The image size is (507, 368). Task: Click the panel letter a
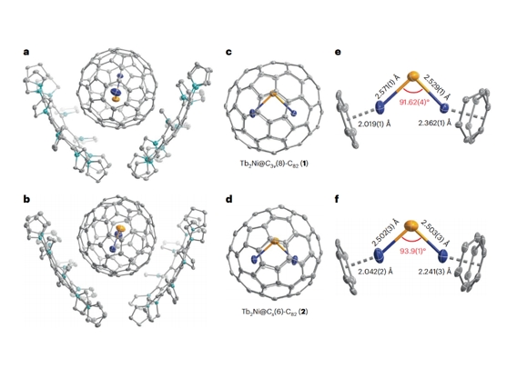click(26, 52)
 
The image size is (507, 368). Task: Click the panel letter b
click(26, 199)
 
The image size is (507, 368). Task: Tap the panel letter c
click(229, 52)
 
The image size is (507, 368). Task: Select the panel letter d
click(229, 199)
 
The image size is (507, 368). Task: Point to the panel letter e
click(338, 52)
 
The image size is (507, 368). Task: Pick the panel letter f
click(338, 199)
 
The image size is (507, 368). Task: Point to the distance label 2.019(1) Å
click(374, 124)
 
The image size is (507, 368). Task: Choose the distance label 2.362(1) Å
click(434, 124)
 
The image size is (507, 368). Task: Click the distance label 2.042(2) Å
click(375, 272)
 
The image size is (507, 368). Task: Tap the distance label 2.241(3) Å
click(434, 272)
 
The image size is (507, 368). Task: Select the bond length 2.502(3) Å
click(386, 233)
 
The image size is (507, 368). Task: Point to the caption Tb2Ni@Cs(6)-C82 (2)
click(274, 312)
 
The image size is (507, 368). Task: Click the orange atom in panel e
click(412, 76)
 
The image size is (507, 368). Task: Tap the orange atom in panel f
click(411, 225)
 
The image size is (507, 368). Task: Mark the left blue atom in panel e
click(380, 107)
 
